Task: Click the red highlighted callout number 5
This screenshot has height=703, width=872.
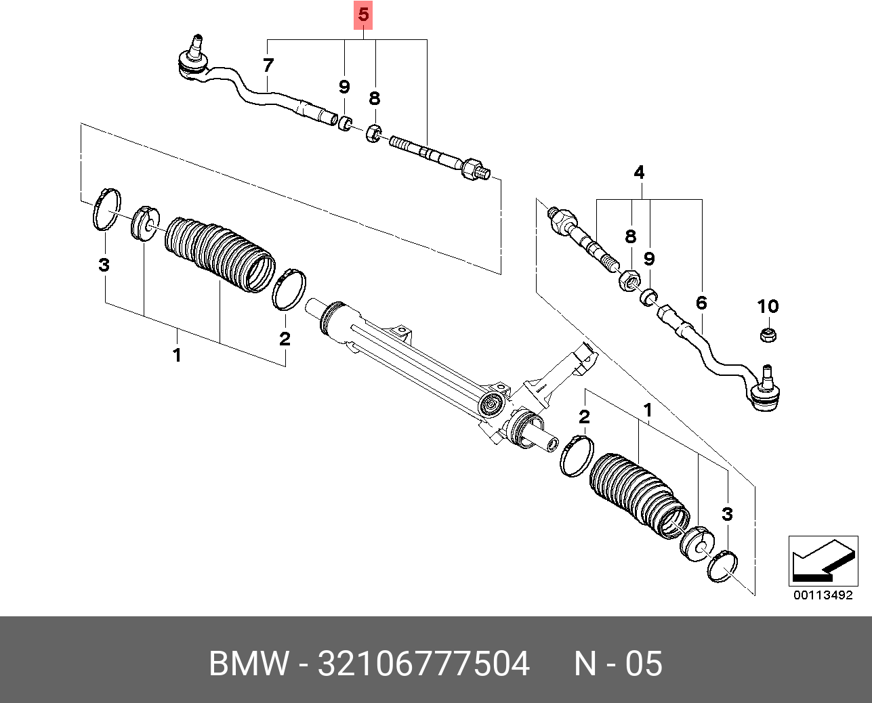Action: point(364,15)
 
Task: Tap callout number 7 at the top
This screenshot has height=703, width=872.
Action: point(268,66)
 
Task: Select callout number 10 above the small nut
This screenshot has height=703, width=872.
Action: point(768,307)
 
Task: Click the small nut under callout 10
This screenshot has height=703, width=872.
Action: point(768,334)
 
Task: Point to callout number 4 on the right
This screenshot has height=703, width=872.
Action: point(639,173)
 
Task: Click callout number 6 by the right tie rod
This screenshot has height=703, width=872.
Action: point(701,303)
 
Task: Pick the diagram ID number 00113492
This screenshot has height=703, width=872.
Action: point(822,596)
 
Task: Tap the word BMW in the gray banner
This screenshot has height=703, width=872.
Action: point(249,664)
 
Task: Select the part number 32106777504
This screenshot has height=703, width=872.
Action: point(423,664)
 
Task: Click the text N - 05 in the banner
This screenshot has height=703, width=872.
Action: point(618,664)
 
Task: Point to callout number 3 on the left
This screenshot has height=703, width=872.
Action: point(104,264)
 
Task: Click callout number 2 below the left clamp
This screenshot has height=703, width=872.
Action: point(285,339)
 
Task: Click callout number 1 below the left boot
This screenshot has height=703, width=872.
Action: point(177,354)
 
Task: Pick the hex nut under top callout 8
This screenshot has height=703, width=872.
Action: point(373,133)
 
